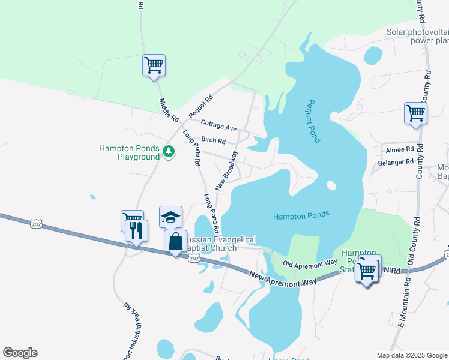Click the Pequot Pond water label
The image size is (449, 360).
click(x=314, y=121)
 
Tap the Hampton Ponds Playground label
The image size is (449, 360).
click(x=129, y=152)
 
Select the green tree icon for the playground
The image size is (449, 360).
click(x=169, y=152)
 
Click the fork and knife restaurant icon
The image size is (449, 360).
click(x=136, y=230)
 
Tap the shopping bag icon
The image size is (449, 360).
click(x=175, y=242)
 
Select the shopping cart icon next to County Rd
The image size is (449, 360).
click(x=415, y=113)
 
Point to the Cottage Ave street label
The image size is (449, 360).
click(x=218, y=126)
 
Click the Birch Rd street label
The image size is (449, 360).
click(x=213, y=141)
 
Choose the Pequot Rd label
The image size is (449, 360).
click(x=200, y=106)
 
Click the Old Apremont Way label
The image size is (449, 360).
click(x=310, y=263)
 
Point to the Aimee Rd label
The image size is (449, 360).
click(x=400, y=149)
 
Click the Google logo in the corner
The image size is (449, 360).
click(x=20, y=353)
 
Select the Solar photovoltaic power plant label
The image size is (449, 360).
click(x=417, y=37)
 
